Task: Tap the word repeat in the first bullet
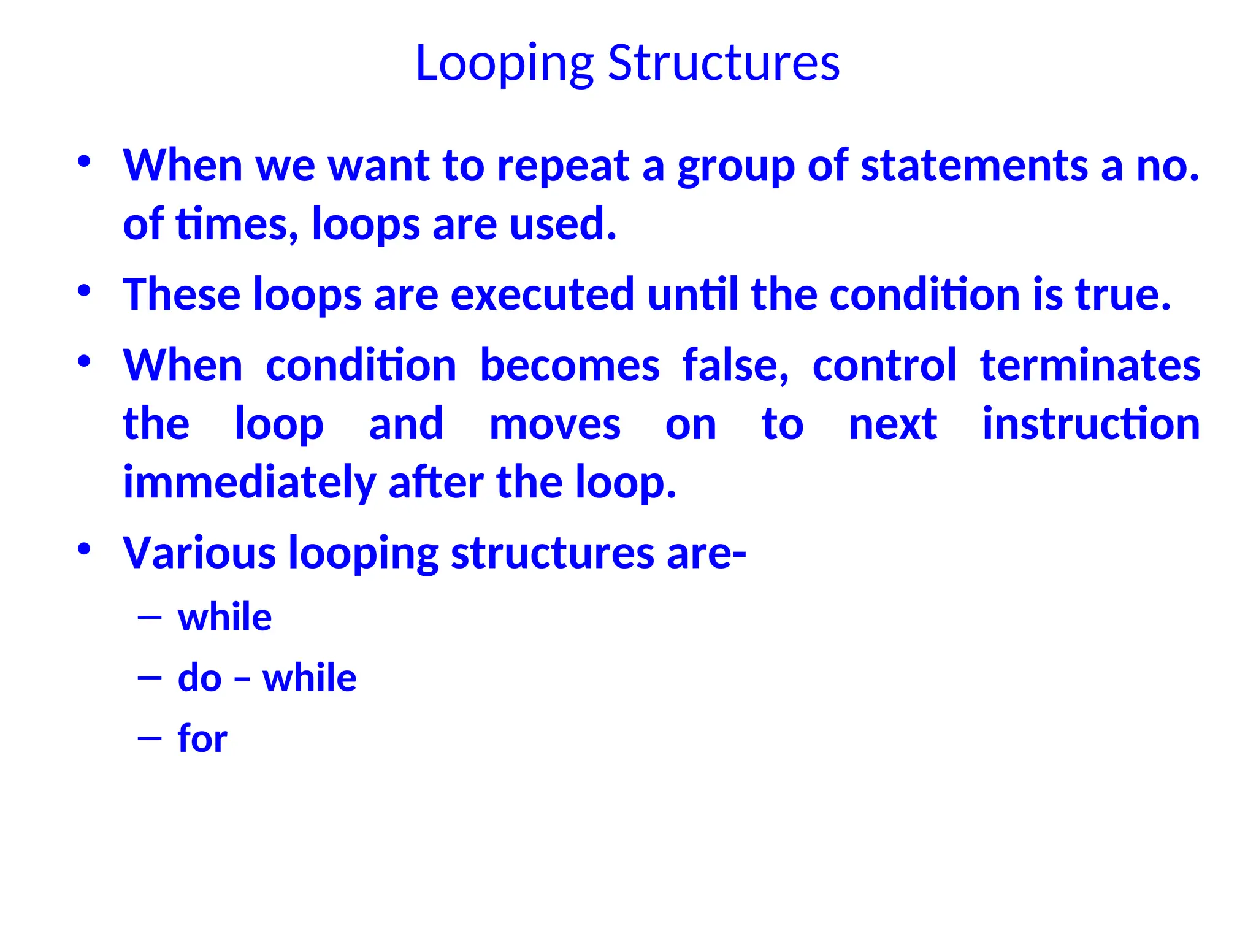pos(562,166)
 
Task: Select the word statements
pos(974,166)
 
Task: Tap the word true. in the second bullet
pos(1122,294)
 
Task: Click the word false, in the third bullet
pos(735,366)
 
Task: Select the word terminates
pos(1090,366)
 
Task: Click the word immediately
pos(249,483)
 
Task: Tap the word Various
pos(199,553)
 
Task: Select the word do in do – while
pos(199,678)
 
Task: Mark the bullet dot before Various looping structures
pos(85,548)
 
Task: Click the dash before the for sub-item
pos(150,738)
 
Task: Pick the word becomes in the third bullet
pos(569,366)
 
